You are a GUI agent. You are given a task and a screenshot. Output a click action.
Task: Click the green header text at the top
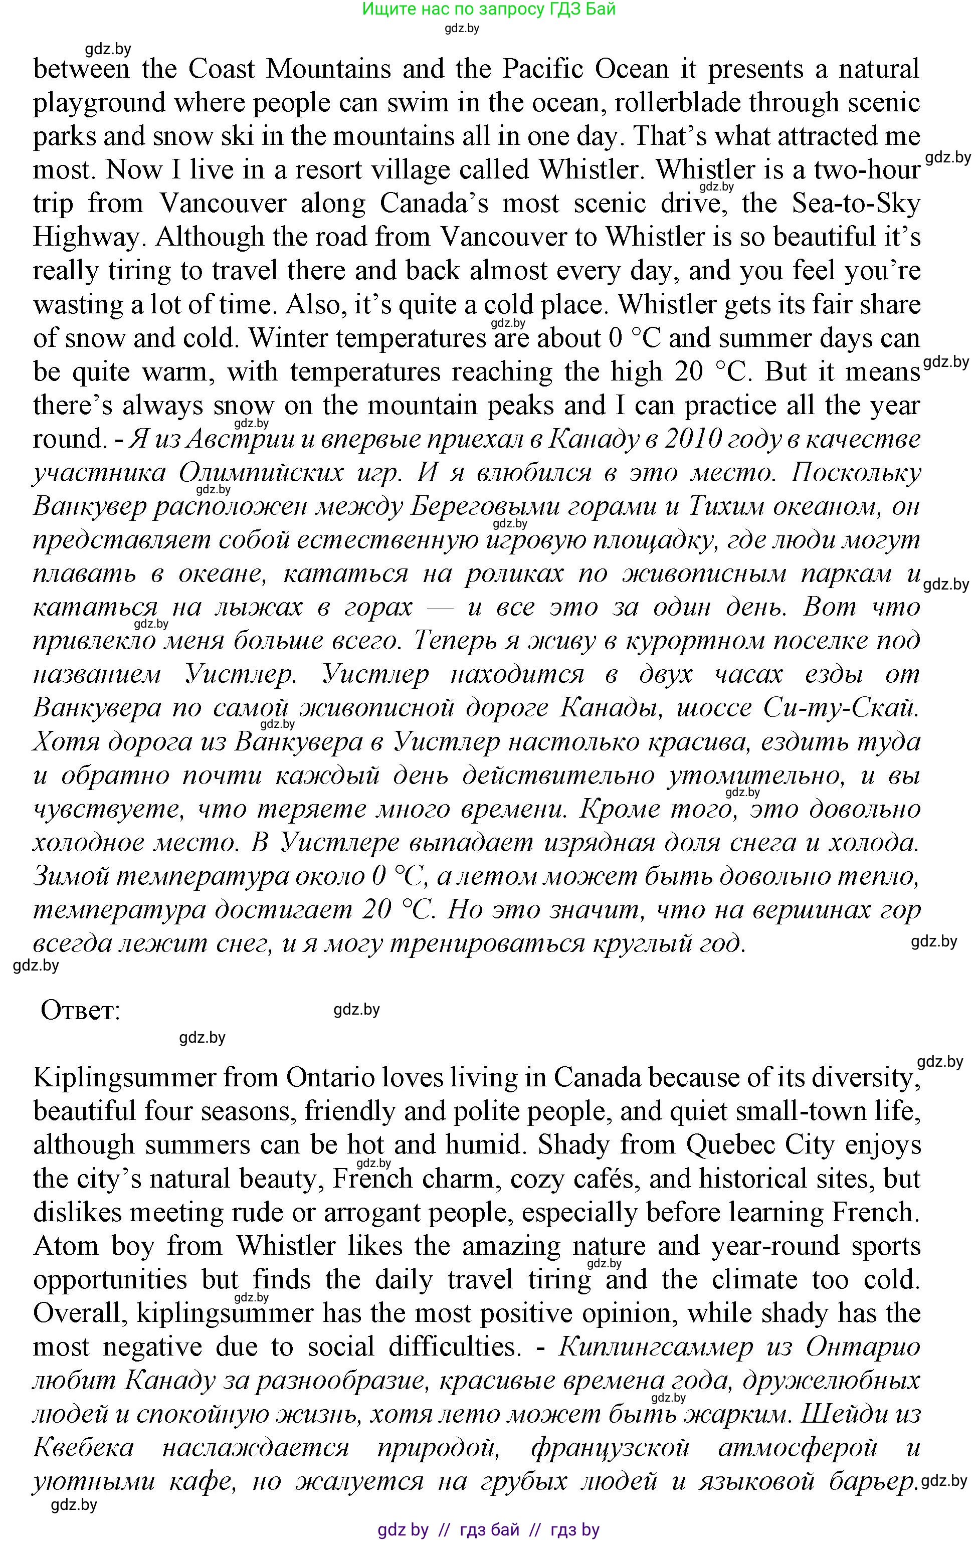pyautogui.click(x=488, y=10)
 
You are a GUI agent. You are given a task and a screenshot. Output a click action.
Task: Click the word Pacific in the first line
pyautogui.click(x=543, y=69)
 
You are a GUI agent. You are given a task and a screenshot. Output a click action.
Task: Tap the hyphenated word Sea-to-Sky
pyautogui.click(x=856, y=204)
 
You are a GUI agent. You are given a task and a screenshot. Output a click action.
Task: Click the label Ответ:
pyautogui.click(x=81, y=1011)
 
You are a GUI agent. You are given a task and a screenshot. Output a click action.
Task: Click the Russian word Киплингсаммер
pyautogui.click(x=655, y=1347)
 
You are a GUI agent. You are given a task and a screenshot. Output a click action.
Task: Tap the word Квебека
pyautogui.click(x=84, y=1448)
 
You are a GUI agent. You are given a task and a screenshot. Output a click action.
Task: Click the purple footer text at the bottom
pyautogui.click(x=488, y=1530)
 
